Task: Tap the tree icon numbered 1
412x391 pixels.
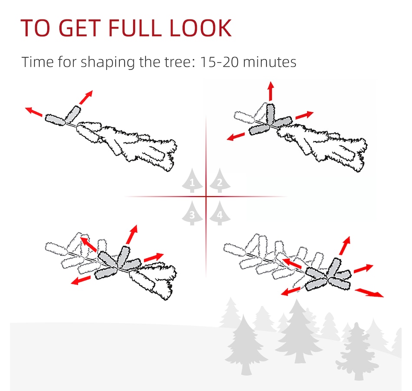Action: coord(192,181)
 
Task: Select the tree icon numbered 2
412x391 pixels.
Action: coord(220,181)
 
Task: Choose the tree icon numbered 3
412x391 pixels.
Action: coord(192,213)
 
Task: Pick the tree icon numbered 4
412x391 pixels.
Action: coord(220,213)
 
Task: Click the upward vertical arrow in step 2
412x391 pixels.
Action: coord(271,91)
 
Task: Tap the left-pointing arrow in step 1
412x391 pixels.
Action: coord(34,112)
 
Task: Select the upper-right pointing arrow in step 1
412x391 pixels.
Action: coord(86,97)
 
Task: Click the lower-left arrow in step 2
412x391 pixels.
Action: coord(235,136)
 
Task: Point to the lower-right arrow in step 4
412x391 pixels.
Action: coord(369,293)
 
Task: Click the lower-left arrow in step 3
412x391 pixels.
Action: coord(81,280)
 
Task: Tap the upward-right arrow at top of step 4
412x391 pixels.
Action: coord(345,246)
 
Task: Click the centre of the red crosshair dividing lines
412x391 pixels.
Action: coord(206,196)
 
